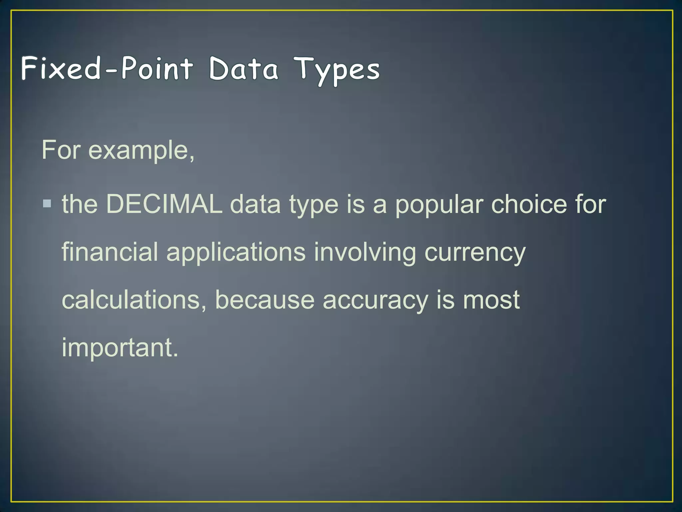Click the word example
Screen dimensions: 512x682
coord(141,150)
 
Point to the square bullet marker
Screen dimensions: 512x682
coord(47,204)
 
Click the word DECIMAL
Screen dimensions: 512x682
coord(164,204)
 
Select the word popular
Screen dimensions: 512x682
coord(439,205)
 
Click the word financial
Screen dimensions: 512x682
coord(110,252)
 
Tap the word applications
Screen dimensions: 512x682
coord(236,253)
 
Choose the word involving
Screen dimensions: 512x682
coord(365,253)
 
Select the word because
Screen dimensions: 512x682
coord(265,300)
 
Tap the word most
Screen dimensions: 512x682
coord(491,300)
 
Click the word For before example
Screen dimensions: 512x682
coord(61,150)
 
